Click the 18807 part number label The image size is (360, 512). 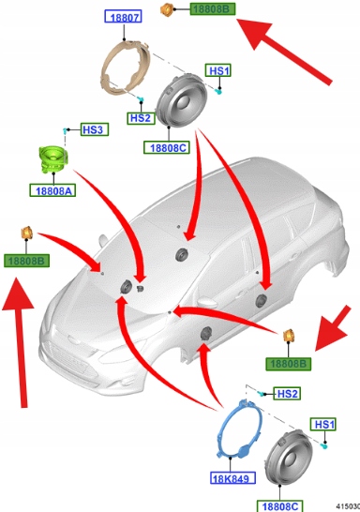point(123,16)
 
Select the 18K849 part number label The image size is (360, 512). point(232,478)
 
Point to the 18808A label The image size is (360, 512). point(52,190)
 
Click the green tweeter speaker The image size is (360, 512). point(52,159)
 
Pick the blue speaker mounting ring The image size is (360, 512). point(240,429)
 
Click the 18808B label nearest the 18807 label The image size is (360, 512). point(213,8)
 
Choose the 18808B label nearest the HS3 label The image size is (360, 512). point(27,261)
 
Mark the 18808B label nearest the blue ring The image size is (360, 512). point(289,364)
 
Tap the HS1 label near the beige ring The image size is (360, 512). point(218,70)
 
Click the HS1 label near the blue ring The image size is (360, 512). point(323,425)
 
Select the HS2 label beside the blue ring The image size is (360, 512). point(287,394)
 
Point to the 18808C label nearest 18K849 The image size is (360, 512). point(279,505)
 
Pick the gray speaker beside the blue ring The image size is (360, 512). point(289,458)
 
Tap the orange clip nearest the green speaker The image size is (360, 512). point(26,233)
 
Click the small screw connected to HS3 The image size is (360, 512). point(66,130)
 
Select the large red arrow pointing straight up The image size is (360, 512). point(20,342)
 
